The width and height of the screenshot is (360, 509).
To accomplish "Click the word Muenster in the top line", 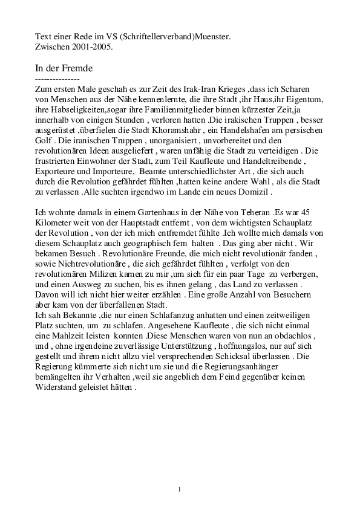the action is pyautogui.click(x=212, y=36).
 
